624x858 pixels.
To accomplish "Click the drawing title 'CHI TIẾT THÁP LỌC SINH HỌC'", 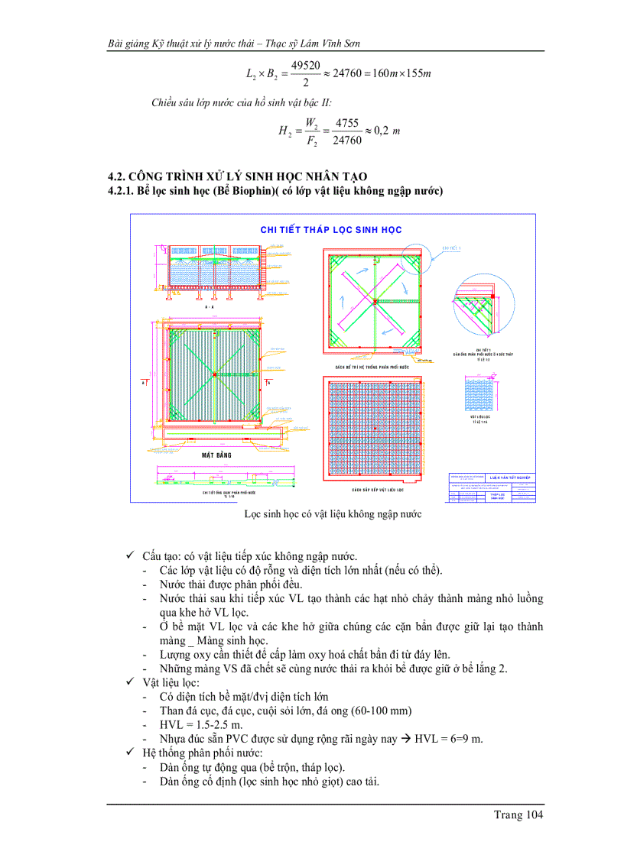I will tap(331, 229).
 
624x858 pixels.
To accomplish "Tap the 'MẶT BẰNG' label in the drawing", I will tap(216, 455).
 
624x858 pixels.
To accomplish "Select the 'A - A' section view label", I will tap(209, 306).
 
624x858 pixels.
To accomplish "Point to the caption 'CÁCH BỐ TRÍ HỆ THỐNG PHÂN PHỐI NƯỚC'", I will tap(373, 367).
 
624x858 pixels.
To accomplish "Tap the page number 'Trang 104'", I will tap(518, 815).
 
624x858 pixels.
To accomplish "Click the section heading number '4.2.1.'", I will tap(121, 190).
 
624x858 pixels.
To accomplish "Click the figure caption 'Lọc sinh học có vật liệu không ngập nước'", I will tap(333, 514).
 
